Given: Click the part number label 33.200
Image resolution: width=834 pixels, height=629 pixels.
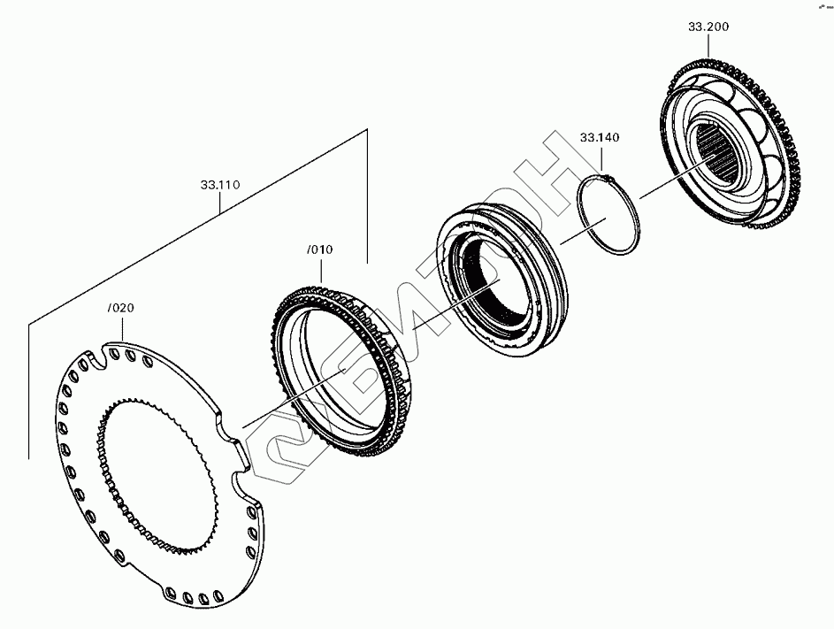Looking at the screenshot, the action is [708, 27].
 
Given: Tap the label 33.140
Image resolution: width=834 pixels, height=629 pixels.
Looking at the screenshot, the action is [600, 137].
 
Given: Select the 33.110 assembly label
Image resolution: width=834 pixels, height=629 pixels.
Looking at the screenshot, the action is [220, 185].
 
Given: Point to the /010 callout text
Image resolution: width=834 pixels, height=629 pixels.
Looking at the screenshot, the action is [320, 249].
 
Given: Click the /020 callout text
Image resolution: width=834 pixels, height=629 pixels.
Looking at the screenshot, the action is [121, 308].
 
